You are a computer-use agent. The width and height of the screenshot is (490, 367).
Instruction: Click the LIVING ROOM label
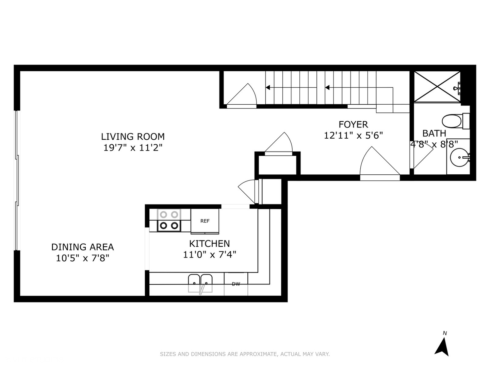(x=133, y=137)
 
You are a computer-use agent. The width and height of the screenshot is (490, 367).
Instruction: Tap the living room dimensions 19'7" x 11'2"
(x=133, y=148)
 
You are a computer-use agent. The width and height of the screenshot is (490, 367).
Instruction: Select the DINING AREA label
(x=82, y=247)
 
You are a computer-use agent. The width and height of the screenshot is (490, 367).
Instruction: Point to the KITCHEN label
(x=209, y=244)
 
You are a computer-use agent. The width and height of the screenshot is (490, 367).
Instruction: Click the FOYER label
(x=353, y=124)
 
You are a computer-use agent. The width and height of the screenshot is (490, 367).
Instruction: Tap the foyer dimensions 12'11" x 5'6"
(x=353, y=136)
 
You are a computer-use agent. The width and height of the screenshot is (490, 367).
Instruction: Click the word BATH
(x=434, y=134)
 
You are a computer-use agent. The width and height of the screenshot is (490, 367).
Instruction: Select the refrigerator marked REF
(x=205, y=221)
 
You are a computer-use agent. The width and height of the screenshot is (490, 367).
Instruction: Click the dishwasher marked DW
(x=236, y=284)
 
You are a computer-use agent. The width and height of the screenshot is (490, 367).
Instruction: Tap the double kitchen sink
(x=200, y=283)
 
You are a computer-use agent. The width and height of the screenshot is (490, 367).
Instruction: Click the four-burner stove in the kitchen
(x=169, y=220)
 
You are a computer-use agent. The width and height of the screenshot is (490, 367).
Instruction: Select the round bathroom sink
(x=459, y=158)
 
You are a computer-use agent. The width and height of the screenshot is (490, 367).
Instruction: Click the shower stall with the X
(x=437, y=87)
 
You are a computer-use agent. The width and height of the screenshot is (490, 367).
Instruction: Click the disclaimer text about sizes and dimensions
(x=245, y=354)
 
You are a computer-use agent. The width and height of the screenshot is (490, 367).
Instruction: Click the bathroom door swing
(x=421, y=156)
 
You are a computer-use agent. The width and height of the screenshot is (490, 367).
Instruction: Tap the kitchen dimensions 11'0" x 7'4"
(x=209, y=255)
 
